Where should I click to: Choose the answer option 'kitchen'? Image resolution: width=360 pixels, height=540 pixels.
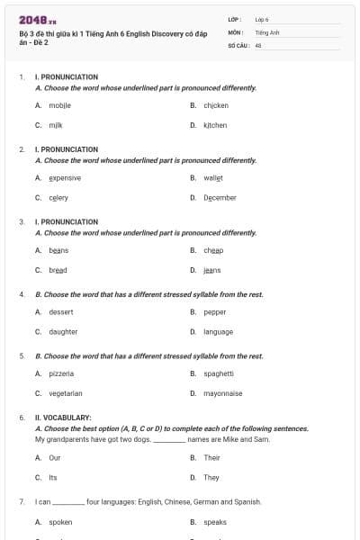215,125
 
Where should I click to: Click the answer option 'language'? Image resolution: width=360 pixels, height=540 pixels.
218,331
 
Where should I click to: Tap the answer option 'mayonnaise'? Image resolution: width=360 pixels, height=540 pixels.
222,393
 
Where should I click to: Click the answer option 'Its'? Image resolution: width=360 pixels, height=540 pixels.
52,478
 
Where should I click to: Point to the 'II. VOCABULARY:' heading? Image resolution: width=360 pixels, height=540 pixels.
62,418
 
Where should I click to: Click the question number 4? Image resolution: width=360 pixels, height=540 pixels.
21,294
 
